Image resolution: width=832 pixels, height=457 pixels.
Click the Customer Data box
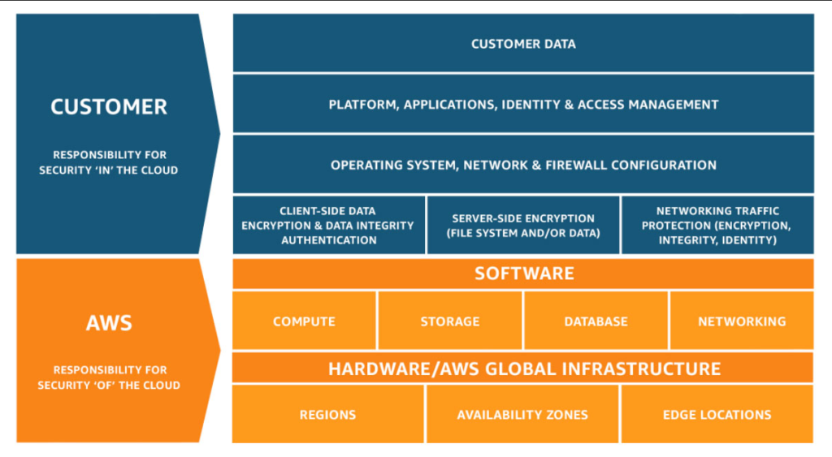click(523, 44)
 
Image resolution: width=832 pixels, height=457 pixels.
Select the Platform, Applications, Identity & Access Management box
click(523, 104)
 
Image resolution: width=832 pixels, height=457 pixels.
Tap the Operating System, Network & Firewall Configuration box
click(523, 165)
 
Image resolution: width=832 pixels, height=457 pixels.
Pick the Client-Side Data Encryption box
click(328, 225)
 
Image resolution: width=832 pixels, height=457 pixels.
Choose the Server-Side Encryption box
click(523, 225)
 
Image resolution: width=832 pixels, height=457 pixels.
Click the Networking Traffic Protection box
click(717, 225)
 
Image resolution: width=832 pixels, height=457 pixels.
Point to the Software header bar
click(523, 274)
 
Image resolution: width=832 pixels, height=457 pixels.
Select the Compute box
click(304, 321)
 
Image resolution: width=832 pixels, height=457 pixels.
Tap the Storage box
click(449, 321)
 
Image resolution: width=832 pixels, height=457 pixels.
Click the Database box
click(596, 321)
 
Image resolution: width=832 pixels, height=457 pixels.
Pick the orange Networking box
click(742, 321)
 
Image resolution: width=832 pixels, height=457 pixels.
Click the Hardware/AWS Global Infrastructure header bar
click(523, 369)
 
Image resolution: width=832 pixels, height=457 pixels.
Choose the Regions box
click(327, 414)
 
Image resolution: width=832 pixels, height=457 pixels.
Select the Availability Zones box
click(522, 414)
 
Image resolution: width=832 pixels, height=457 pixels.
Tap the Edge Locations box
click(717, 414)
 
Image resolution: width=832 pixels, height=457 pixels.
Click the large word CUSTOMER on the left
click(109, 106)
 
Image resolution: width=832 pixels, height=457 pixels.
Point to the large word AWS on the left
click(109, 323)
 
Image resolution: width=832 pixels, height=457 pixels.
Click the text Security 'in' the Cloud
click(109, 170)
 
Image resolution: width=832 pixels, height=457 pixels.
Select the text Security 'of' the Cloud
click(109, 385)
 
